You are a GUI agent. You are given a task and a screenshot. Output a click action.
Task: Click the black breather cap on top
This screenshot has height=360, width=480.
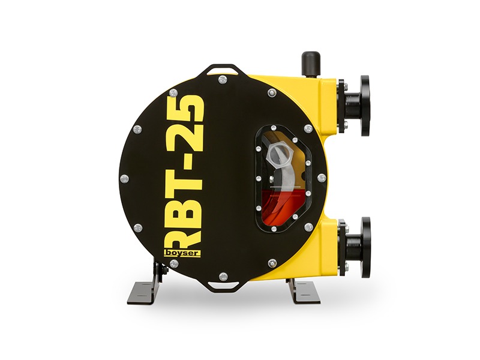tap(311, 63)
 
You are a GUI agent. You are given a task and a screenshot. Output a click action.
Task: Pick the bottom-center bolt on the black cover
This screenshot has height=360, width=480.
tap(224, 276)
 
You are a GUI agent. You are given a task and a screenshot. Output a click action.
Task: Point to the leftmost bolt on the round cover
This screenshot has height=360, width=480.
tap(125, 178)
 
